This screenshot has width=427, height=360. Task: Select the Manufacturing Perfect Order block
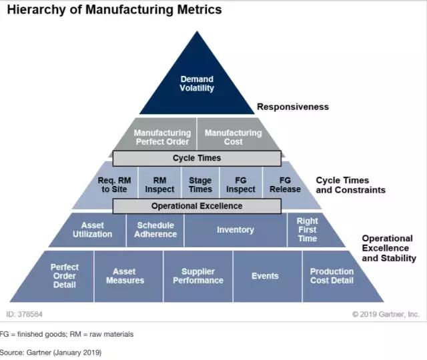(161, 137)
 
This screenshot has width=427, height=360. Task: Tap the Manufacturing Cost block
(233, 137)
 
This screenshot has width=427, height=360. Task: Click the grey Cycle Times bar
(197, 158)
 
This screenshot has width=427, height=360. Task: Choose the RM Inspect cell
(159, 185)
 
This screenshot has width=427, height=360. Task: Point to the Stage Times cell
(200, 185)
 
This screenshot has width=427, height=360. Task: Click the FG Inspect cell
(240, 185)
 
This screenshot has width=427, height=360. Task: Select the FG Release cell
(285, 185)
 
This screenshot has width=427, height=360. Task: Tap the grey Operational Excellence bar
(197, 206)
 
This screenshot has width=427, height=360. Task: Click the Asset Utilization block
(93, 230)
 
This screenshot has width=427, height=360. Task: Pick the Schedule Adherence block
(155, 230)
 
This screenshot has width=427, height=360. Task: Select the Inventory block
(236, 230)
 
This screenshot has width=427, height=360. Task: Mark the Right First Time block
(308, 230)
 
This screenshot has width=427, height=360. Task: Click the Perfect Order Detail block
(64, 276)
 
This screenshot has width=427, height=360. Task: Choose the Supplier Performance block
(198, 276)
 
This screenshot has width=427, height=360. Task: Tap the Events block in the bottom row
(265, 276)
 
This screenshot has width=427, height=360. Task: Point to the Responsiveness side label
(293, 107)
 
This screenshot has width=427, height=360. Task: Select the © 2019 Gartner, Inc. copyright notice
(386, 313)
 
